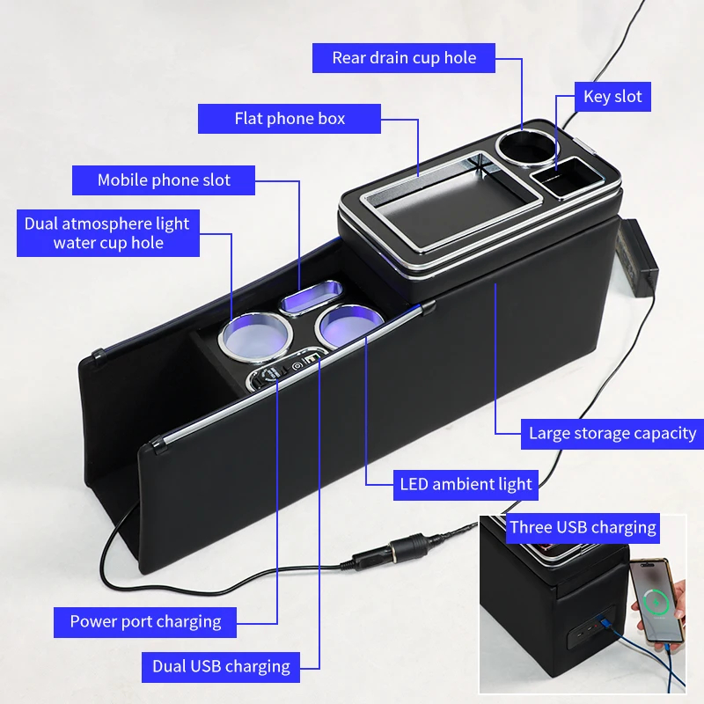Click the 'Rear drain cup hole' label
tap(404, 58)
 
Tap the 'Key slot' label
tap(612, 97)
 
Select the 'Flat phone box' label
tap(290, 119)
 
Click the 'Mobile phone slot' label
tap(164, 180)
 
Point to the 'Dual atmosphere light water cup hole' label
tap(107, 233)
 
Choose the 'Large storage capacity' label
tap(612, 433)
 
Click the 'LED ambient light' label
tap(466, 483)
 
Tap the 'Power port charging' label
tap(145, 621)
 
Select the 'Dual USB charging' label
tap(221, 666)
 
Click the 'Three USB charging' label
tap(583, 528)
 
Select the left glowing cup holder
tap(254, 334)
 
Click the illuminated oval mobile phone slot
tap(310, 298)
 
